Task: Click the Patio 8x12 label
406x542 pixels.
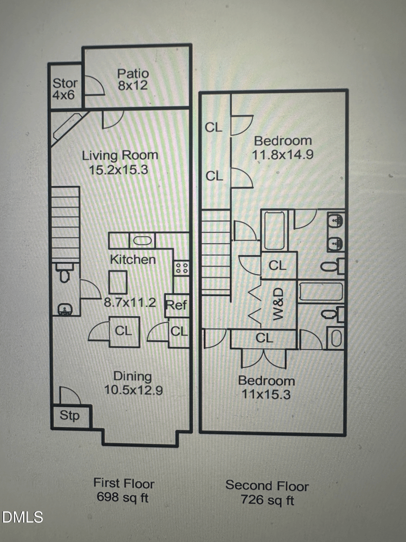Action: click(x=133, y=79)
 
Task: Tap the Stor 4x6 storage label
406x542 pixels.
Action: click(x=65, y=89)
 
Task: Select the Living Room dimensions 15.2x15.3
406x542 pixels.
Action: click(x=118, y=170)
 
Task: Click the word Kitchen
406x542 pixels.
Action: click(x=133, y=259)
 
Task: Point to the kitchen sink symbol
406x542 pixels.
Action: click(x=142, y=240)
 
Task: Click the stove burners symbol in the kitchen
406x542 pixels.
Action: click(x=182, y=268)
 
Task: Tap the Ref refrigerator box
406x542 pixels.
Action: click(x=177, y=305)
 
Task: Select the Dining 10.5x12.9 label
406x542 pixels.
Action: click(x=133, y=383)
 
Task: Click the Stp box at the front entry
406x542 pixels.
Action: click(x=71, y=416)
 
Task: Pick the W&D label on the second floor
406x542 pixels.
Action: click(x=278, y=304)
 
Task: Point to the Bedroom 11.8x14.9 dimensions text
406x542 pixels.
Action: click(x=283, y=154)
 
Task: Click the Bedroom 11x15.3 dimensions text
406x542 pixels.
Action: click(x=266, y=394)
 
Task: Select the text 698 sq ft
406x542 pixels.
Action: click(x=122, y=497)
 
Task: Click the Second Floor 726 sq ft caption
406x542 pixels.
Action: click(x=267, y=493)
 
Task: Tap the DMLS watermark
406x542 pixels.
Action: click(x=22, y=517)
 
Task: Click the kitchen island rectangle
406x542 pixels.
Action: click(x=118, y=282)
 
